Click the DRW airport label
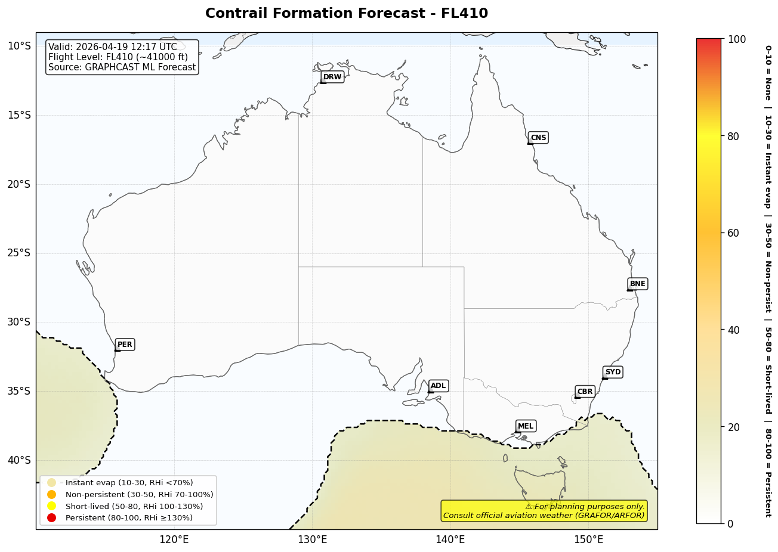coord(332,77)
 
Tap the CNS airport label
coord(538,138)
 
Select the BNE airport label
coord(637,284)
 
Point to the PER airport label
coord(125,345)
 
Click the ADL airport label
coord(438,386)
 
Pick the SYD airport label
coord(613,372)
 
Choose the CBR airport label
coord(585,392)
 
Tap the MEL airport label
coord(526,426)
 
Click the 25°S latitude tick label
coord(18,253)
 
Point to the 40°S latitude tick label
coord(18,460)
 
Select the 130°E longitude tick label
coord(312,540)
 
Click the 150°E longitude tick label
coord(588,540)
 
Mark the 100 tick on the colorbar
coord(736,39)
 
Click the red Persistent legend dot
coord(52,518)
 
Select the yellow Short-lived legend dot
coord(52,506)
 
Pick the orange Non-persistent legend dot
coord(52,495)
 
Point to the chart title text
coord(347,14)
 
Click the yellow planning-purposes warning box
coord(544,511)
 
